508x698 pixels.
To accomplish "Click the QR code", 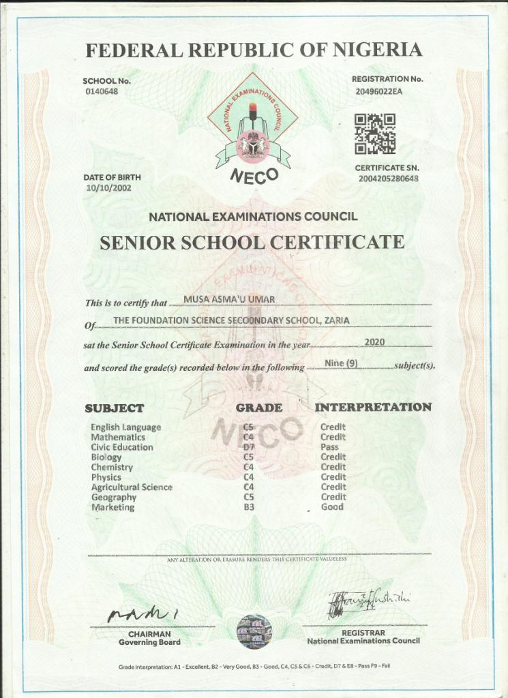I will (x=374, y=134).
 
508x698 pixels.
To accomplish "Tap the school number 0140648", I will (x=102, y=91).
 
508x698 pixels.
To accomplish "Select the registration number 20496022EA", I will (x=378, y=91).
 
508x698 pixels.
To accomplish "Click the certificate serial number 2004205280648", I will (x=387, y=179).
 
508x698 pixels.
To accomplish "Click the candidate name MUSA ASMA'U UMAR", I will (x=228, y=299).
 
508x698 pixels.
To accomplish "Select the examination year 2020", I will (x=376, y=341).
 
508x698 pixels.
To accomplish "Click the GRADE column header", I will (x=258, y=408).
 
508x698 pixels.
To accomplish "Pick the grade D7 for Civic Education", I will (x=249, y=447).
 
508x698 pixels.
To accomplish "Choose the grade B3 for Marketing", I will (x=249, y=507).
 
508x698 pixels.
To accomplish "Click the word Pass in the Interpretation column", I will (x=329, y=447).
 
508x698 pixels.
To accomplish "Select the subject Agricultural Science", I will (x=132, y=487).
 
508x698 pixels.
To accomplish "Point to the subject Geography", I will (x=114, y=498).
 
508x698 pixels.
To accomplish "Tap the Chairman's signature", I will (x=143, y=613).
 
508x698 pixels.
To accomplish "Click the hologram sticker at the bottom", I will (x=254, y=631).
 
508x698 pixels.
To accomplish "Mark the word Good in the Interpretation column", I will (x=332, y=507).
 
